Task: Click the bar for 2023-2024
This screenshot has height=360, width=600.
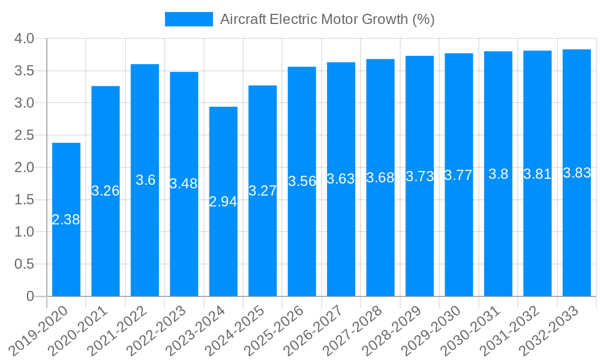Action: (x=223, y=240)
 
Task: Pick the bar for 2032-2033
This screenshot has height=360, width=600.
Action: (x=577, y=240)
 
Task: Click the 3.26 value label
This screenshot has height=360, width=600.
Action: (x=106, y=191)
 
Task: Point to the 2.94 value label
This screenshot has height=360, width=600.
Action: (x=223, y=202)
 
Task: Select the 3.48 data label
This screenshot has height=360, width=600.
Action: (x=184, y=184)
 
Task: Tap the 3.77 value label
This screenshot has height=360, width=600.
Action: (x=458, y=175)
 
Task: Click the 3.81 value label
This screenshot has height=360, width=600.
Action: (x=537, y=174)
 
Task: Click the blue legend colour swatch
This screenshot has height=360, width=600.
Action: (x=189, y=19)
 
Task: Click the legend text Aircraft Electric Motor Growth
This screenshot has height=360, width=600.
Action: (x=327, y=19)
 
